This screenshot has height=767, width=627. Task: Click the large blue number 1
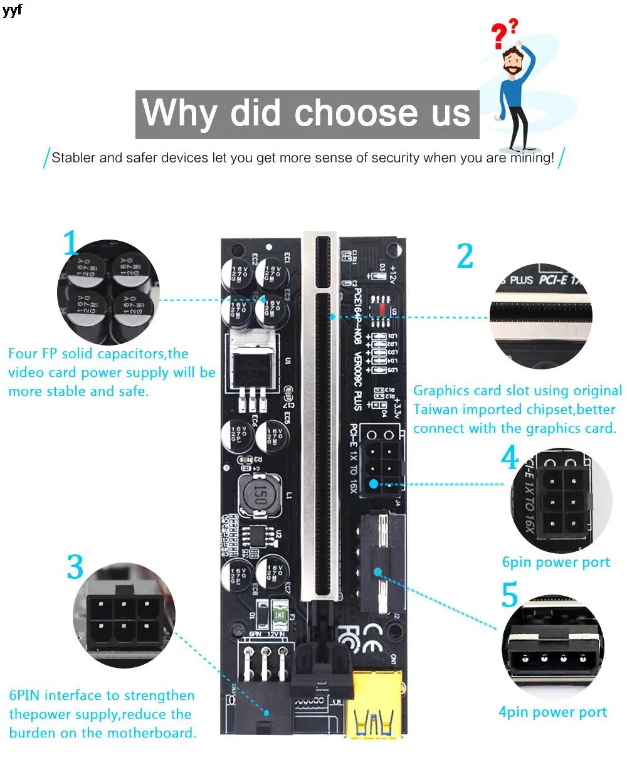pyautogui.click(x=71, y=243)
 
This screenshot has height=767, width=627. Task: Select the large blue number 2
pyautogui.click(x=465, y=256)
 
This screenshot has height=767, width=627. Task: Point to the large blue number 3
pyautogui.click(x=75, y=568)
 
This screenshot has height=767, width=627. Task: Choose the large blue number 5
pyautogui.click(x=510, y=595)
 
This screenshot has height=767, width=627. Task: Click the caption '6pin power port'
pyautogui.click(x=556, y=562)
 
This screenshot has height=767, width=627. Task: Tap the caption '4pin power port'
pyautogui.click(x=552, y=712)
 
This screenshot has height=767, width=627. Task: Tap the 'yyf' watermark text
pyautogui.click(x=12, y=11)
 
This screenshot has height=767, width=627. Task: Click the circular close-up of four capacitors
pyautogui.click(x=108, y=292)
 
